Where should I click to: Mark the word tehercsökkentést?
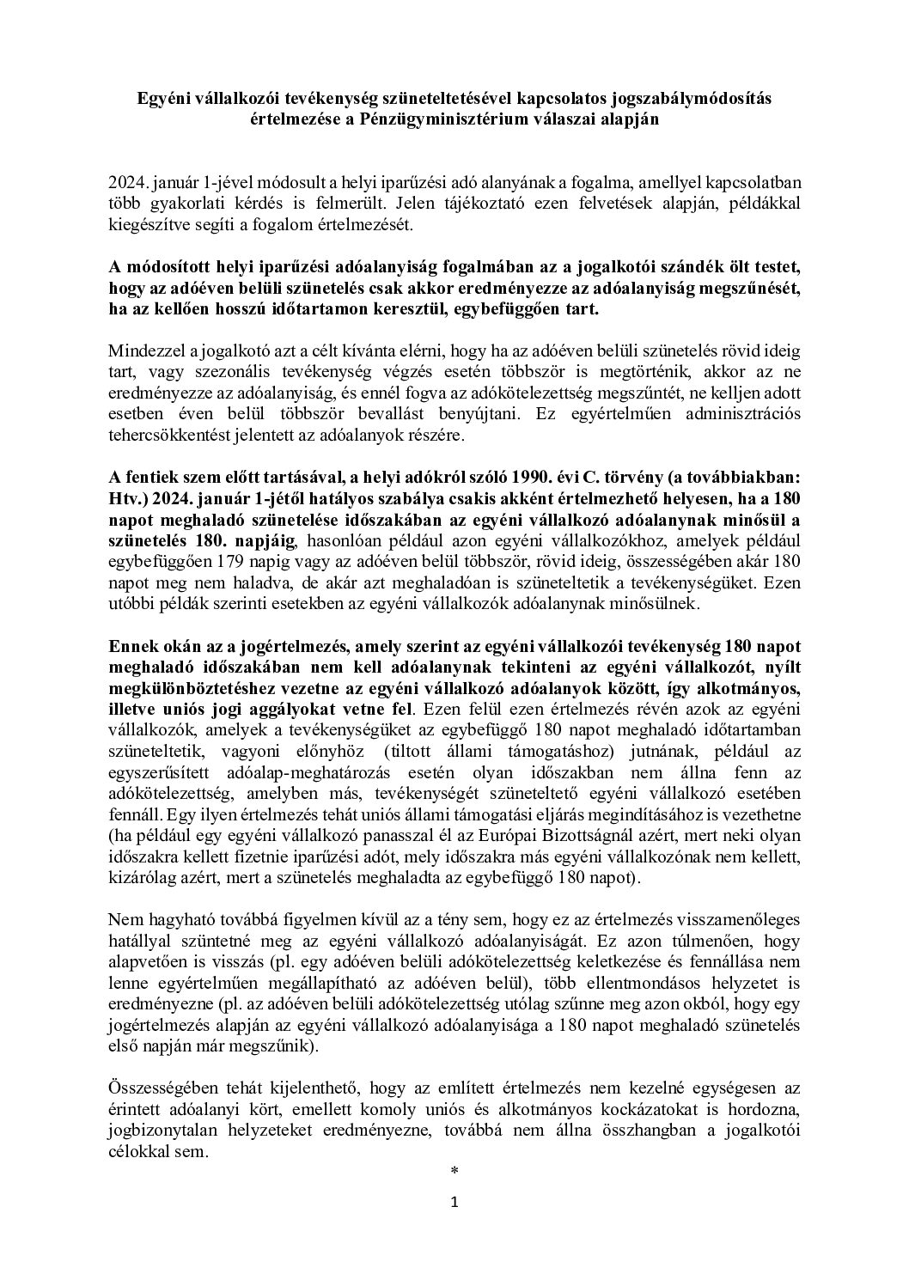(163, 435)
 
